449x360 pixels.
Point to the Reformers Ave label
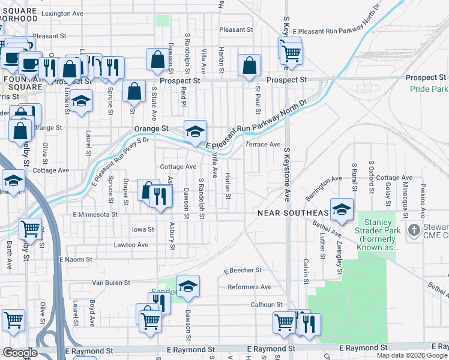click(249, 287)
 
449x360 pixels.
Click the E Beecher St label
click(243, 271)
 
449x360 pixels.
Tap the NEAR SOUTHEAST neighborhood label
click(293, 213)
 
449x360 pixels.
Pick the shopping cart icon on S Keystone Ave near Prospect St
click(291, 52)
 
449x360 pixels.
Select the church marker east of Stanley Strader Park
click(414, 230)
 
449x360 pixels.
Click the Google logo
click(20, 353)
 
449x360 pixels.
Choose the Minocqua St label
click(405, 201)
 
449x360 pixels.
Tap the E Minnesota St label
click(95, 214)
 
